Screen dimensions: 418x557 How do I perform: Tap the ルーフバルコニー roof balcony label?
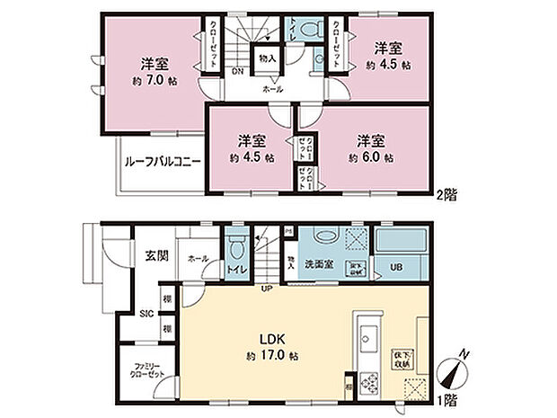(162, 163)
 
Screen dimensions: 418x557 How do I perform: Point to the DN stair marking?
(237, 71)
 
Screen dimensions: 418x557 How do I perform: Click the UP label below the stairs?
(267, 289)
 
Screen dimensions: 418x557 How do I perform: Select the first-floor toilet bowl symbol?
(238, 247)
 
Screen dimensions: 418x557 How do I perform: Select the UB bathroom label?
(396, 267)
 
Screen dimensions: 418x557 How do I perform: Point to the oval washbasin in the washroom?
(321, 238)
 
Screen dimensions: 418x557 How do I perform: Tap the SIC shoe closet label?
(147, 313)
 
